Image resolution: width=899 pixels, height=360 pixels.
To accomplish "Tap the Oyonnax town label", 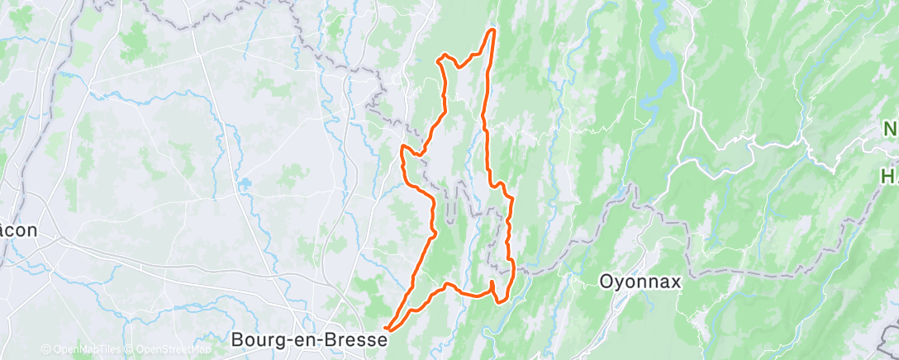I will coord(640,282).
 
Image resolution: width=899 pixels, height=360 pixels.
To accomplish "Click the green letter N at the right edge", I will coord(891,130).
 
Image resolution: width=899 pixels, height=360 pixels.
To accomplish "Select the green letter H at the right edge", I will coord(889,176).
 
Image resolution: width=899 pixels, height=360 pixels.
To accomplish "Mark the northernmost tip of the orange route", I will coord(493,31).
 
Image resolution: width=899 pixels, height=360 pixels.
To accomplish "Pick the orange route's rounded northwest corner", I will coord(444,57).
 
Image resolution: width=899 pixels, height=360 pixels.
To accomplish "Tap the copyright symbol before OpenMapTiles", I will coord(45,350).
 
